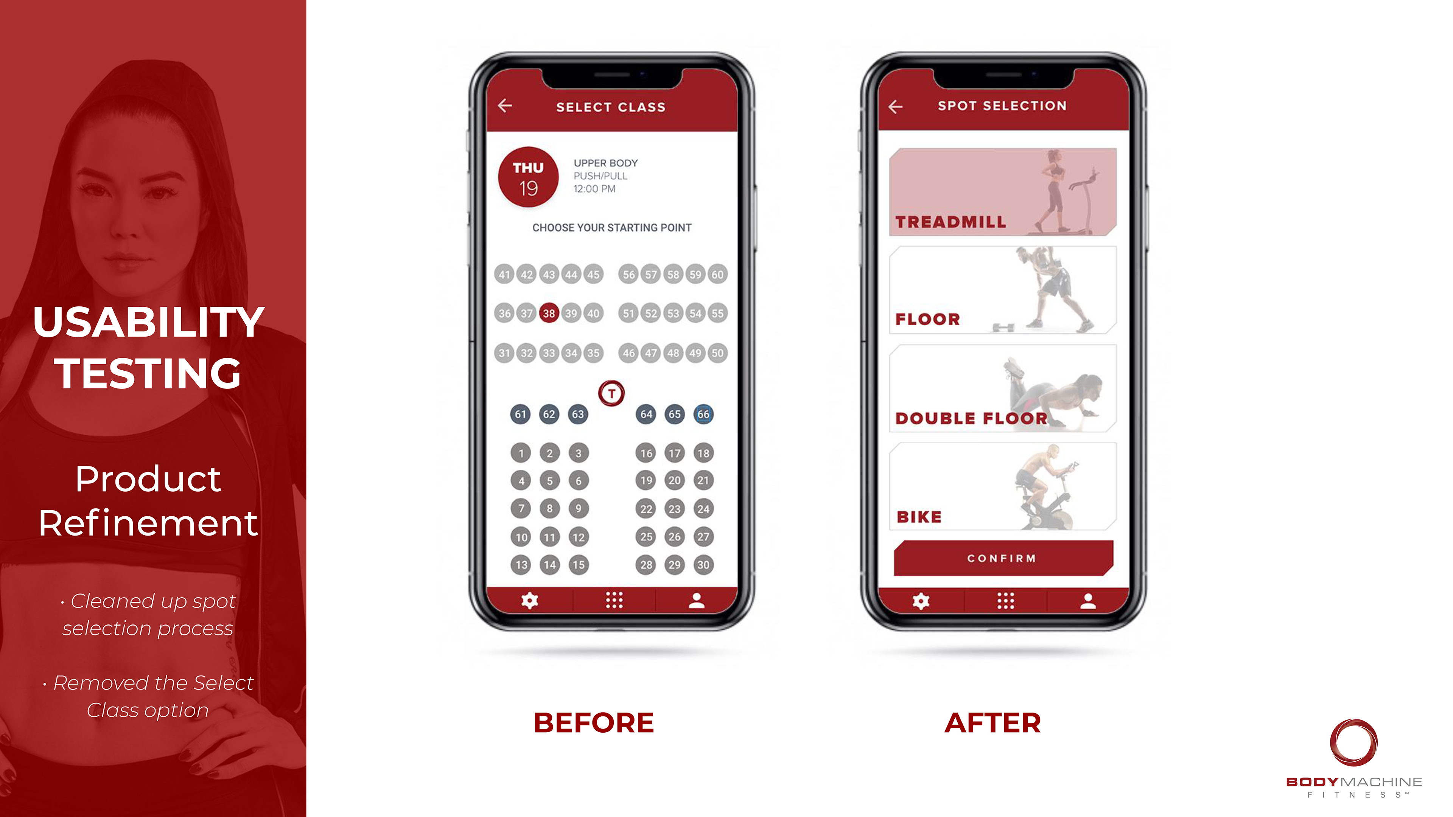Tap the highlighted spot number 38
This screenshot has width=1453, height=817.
click(x=548, y=313)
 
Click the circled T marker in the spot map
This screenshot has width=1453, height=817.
click(x=611, y=393)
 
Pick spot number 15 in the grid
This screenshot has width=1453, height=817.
click(x=578, y=564)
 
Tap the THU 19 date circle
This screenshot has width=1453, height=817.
click(x=528, y=177)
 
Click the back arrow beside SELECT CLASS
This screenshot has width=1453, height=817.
click(x=505, y=106)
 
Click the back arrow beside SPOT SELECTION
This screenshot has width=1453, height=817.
click(x=895, y=107)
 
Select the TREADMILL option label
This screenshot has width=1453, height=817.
click(x=951, y=222)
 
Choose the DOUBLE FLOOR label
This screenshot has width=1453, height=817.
click(x=971, y=418)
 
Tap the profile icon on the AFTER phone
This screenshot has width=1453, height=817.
click(x=1088, y=601)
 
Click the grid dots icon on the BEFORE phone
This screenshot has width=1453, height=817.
click(x=614, y=601)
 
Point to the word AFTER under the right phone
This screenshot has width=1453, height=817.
click(x=993, y=723)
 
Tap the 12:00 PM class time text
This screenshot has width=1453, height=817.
click(x=594, y=189)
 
